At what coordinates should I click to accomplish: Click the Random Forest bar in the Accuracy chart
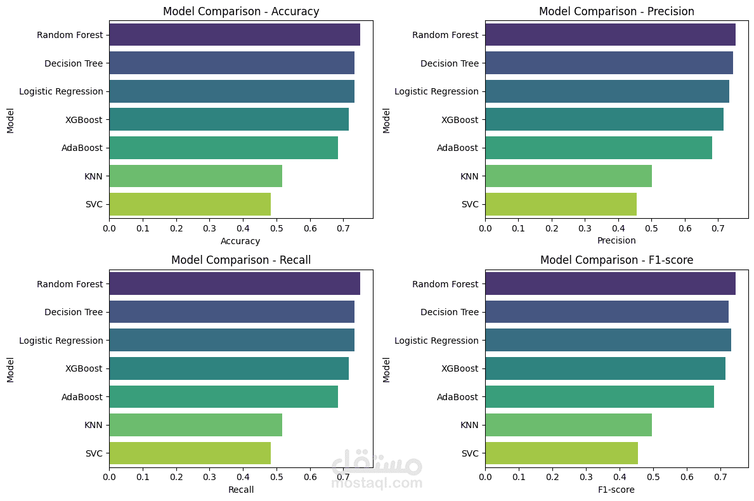(235, 34)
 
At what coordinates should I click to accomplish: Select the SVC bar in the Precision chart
(561, 204)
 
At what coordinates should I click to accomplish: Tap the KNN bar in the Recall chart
(195, 425)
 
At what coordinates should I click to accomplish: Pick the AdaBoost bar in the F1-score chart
(599, 397)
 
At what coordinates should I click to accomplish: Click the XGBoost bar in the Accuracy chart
(229, 119)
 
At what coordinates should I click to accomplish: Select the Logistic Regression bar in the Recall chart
(231, 341)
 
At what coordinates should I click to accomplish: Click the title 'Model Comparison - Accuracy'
(241, 11)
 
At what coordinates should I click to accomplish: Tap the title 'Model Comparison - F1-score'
(616, 260)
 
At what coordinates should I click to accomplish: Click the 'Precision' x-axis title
(616, 241)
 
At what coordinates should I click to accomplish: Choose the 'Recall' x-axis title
(241, 490)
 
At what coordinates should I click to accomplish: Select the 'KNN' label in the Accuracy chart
(93, 176)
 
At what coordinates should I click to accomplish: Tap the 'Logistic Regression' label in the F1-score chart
(436, 341)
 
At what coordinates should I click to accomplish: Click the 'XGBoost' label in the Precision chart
(460, 119)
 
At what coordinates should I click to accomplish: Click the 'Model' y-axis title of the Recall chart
(10, 370)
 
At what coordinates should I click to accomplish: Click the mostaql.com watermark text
(377, 483)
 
